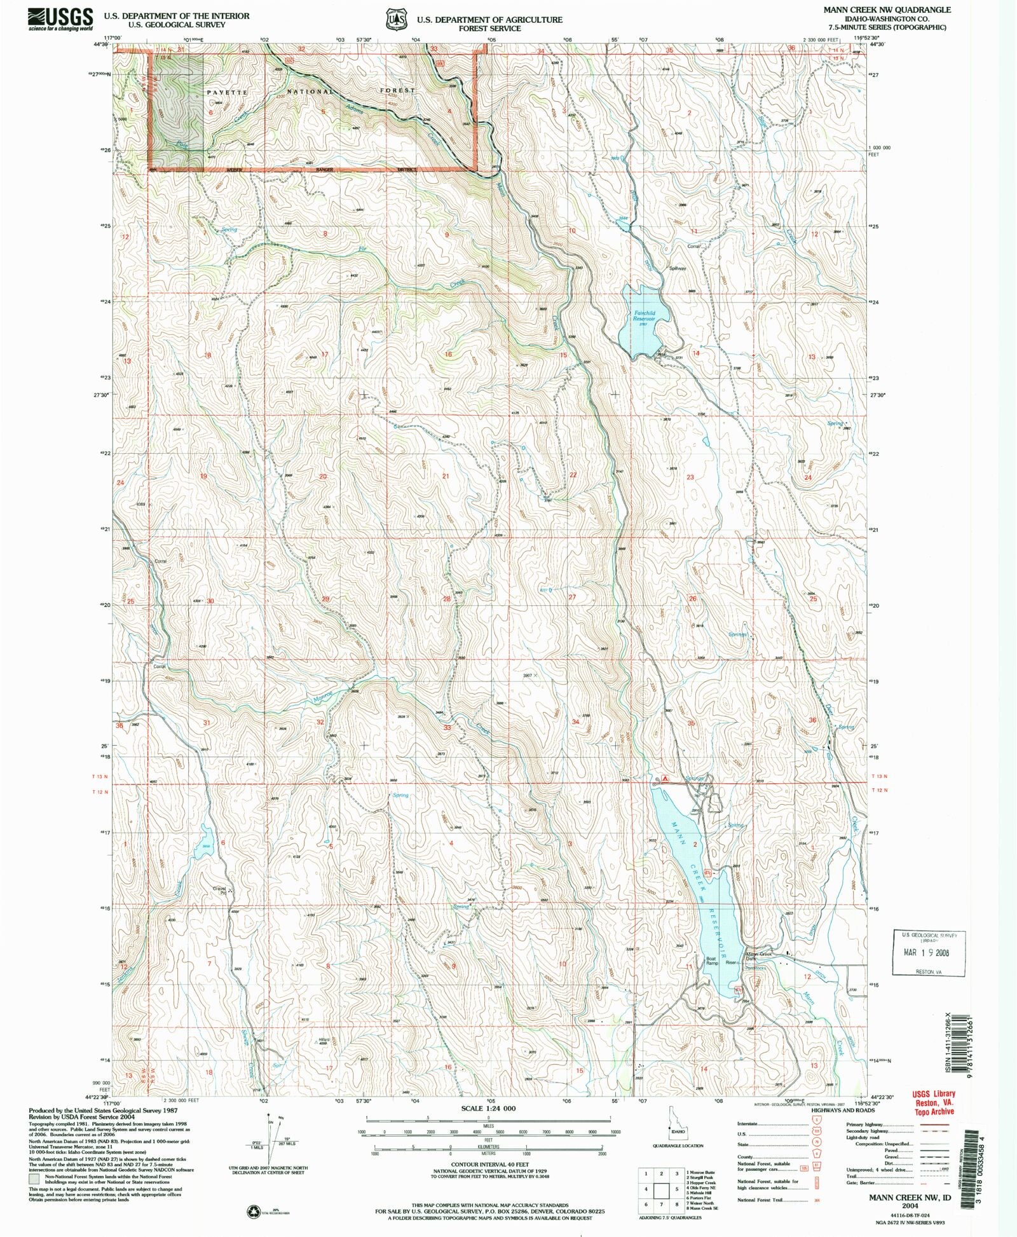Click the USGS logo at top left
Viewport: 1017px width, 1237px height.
tap(60, 19)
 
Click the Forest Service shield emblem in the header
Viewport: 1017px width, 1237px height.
tap(399, 20)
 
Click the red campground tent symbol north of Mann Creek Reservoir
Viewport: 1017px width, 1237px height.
tap(665, 777)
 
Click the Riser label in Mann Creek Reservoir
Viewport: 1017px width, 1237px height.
tap(731, 962)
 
